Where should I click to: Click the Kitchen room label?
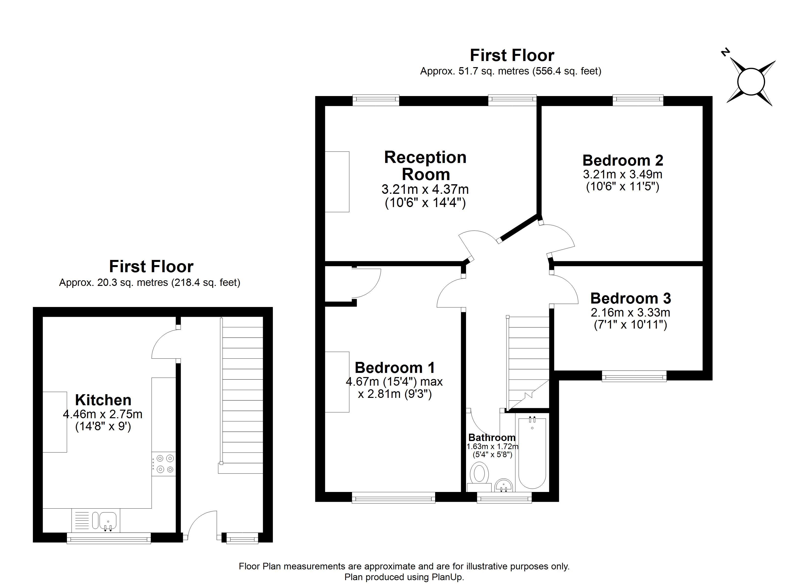[x=103, y=400]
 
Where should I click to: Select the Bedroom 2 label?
[x=623, y=160]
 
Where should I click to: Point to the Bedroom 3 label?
[x=631, y=298]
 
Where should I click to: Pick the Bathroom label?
[x=492, y=438]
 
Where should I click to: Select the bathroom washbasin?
[x=504, y=485]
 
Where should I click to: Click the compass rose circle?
[x=751, y=82]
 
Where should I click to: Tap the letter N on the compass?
[x=724, y=62]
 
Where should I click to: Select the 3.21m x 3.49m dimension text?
[x=623, y=174]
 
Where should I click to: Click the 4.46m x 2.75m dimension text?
[x=103, y=414]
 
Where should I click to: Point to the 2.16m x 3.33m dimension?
[x=631, y=312]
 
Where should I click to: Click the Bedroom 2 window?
[x=638, y=100]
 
